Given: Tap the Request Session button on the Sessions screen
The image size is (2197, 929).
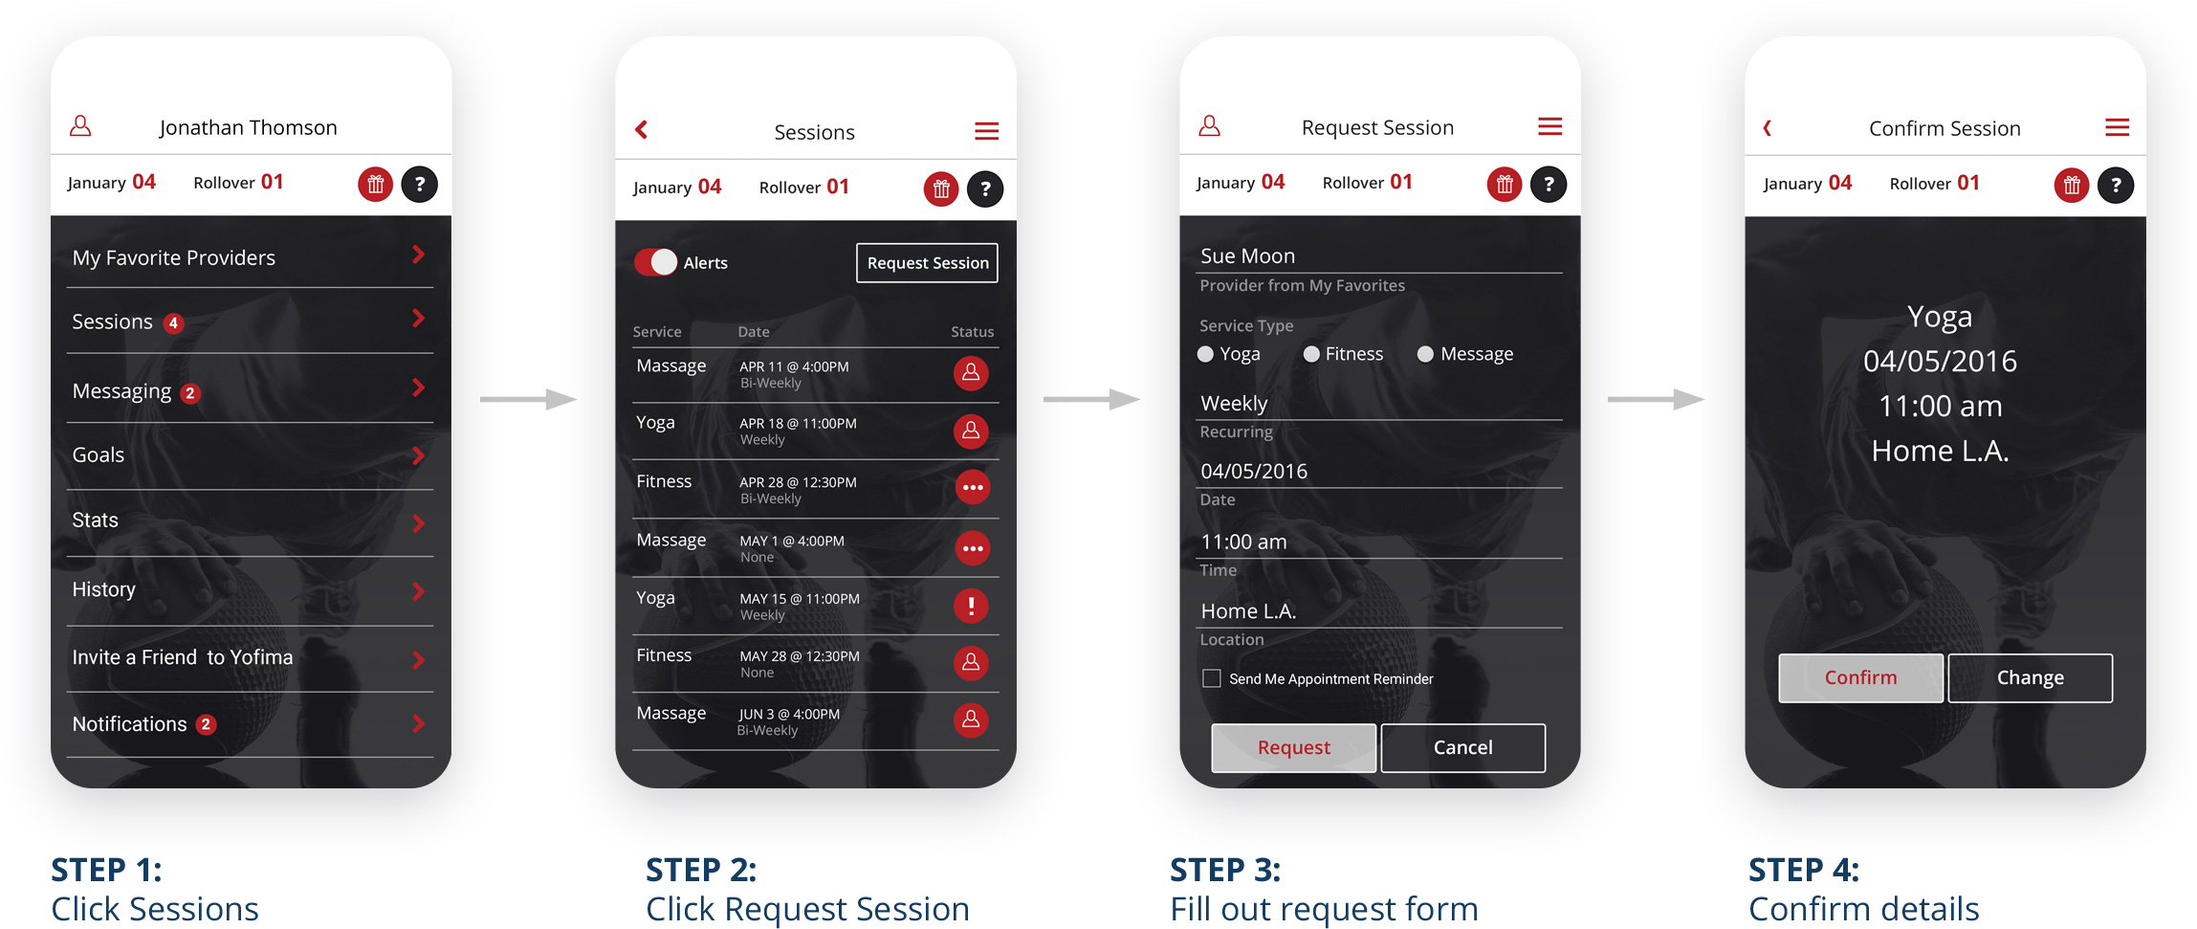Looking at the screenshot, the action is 927,263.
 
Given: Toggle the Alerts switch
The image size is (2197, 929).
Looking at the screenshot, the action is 656,262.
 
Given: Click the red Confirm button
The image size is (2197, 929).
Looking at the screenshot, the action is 1860,677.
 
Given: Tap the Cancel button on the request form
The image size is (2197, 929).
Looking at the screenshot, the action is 1462,747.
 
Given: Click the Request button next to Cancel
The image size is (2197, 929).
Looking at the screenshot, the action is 1293,747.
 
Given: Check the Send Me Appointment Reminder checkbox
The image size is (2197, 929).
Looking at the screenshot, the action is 1212,678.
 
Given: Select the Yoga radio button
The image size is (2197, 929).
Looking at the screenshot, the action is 1205,354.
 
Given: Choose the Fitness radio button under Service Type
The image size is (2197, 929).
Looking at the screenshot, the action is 1311,354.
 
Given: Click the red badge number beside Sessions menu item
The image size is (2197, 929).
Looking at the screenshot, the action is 173,323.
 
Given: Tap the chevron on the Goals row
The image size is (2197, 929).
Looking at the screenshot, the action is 418,455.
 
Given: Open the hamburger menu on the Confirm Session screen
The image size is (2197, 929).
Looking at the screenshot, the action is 2117,127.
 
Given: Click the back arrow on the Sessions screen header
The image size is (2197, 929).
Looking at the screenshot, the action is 642,129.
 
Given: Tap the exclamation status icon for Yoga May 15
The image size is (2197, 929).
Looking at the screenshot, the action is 971,606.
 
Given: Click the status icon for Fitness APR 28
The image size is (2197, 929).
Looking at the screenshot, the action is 973,487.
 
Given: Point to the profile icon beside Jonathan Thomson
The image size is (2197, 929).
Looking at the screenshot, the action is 81,125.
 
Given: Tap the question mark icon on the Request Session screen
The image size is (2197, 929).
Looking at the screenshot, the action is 1549,184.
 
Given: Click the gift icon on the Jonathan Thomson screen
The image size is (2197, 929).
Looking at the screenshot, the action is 376,184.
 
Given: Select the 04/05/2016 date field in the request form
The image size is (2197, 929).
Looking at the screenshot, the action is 1254,471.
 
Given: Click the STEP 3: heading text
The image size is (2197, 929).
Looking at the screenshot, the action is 1225,870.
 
